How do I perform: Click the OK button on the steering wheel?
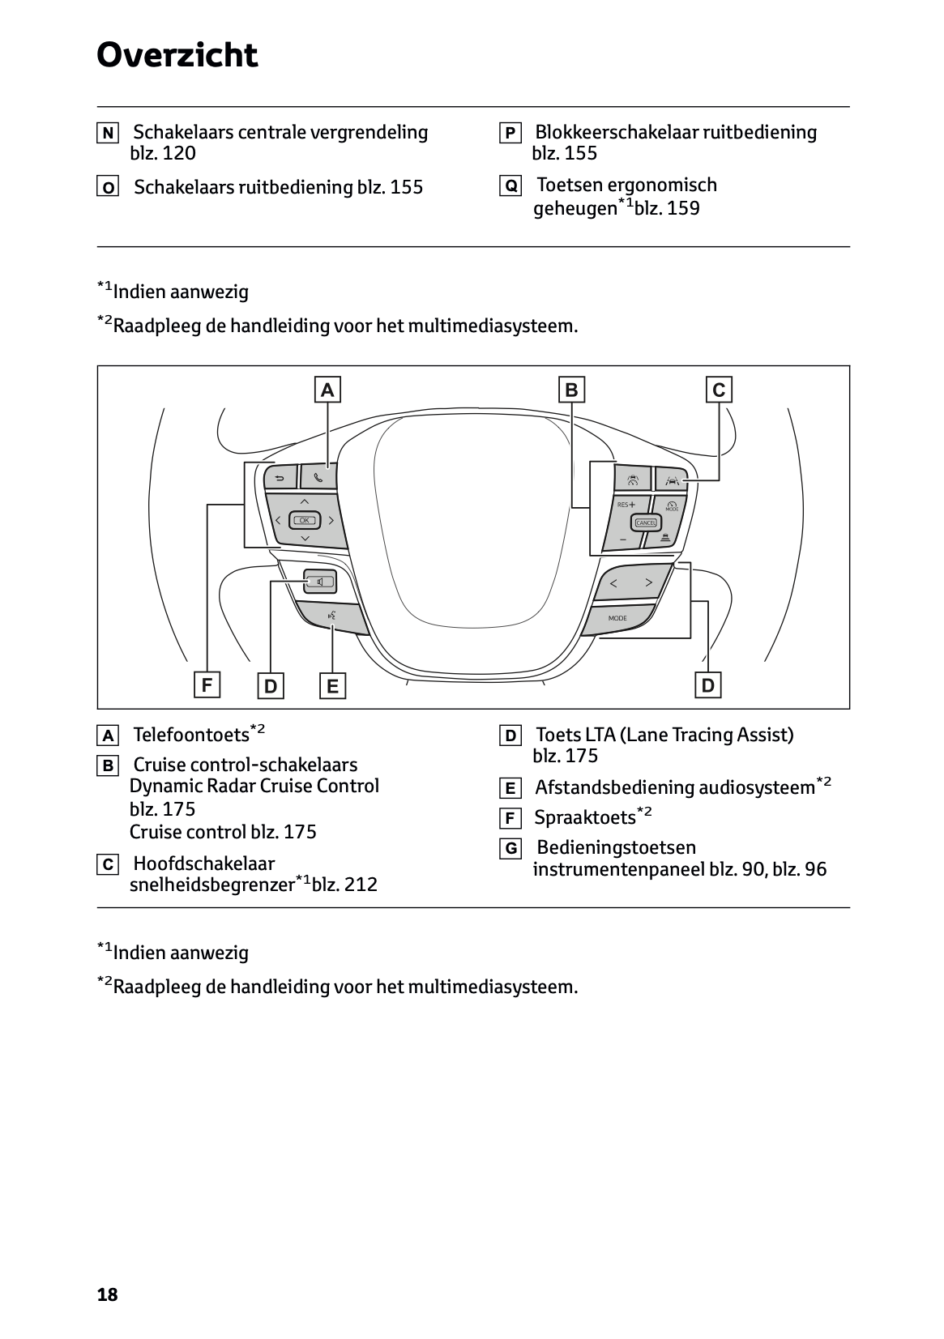point(305,520)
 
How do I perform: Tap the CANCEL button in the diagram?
point(645,522)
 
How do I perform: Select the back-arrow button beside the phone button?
point(280,476)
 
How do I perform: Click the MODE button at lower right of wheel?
point(617,618)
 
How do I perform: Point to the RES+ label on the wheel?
point(626,505)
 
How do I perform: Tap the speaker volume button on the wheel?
point(319,581)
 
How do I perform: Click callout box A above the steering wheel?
point(327,390)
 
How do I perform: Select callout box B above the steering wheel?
point(571,390)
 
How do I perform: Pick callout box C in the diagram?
point(719,390)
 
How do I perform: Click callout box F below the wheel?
point(207,685)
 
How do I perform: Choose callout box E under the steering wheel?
point(332,687)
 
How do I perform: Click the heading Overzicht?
point(177,56)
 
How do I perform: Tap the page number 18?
point(107,1294)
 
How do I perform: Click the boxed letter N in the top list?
point(107,133)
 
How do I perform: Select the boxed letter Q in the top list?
point(510,186)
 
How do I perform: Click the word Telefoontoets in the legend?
point(190,735)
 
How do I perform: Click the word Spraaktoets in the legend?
point(584,817)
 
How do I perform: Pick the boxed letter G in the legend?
point(510,849)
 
